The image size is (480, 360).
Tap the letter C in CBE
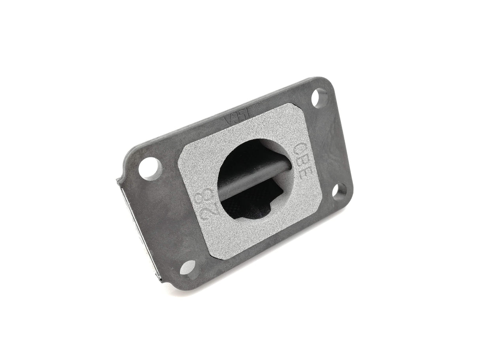tap(300, 149)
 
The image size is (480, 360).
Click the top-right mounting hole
tap(319, 98)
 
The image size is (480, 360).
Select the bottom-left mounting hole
tap(189, 269)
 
